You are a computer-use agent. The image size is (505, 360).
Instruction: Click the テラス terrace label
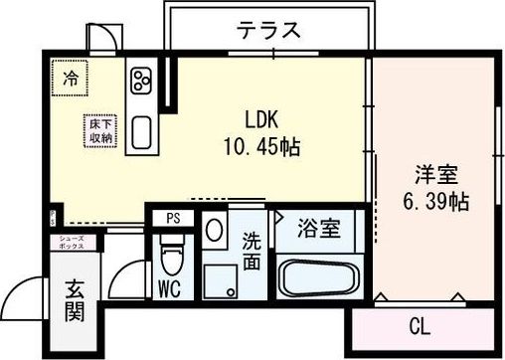click(x=268, y=29)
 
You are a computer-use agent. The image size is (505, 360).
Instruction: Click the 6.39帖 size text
click(x=435, y=201)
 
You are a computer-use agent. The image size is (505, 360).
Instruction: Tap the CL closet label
click(x=420, y=324)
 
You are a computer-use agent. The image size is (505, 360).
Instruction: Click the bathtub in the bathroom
click(x=319, y=277)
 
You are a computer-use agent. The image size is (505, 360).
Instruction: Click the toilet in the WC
click(x=173, y=265)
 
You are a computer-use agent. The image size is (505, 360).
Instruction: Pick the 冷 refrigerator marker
click(x=71, y=78)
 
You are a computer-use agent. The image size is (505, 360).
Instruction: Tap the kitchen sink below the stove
click(x=139, y=129)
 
